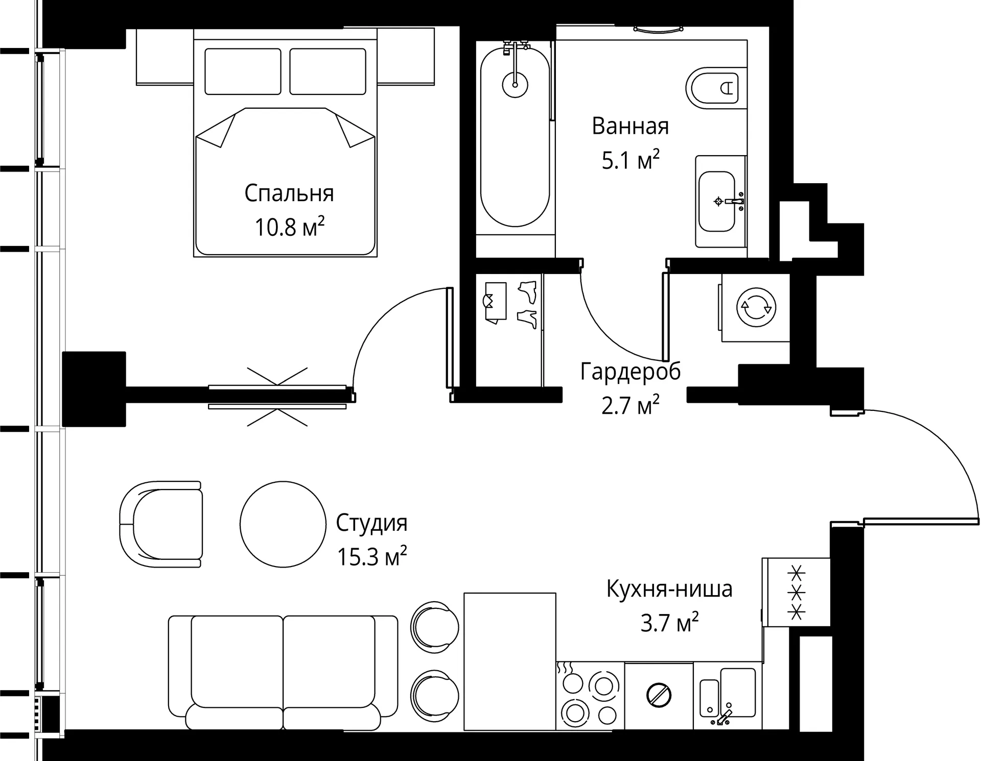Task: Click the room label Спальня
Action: (x=289, y=194)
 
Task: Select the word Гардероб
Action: (x=630, y=372)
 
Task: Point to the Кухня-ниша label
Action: (x=669, y=589)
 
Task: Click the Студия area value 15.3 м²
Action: (x=371, y=556)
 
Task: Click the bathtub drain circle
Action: (x=515, y=84)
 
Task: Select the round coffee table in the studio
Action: (x=283, y=524)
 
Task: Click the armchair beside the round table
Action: (x=161, y=524)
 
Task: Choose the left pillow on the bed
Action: (x=243, y=71)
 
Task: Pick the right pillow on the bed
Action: (x=328, y=71)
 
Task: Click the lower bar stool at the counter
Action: (x=434, y=695)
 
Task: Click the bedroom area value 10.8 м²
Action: (x=290, y=227)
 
